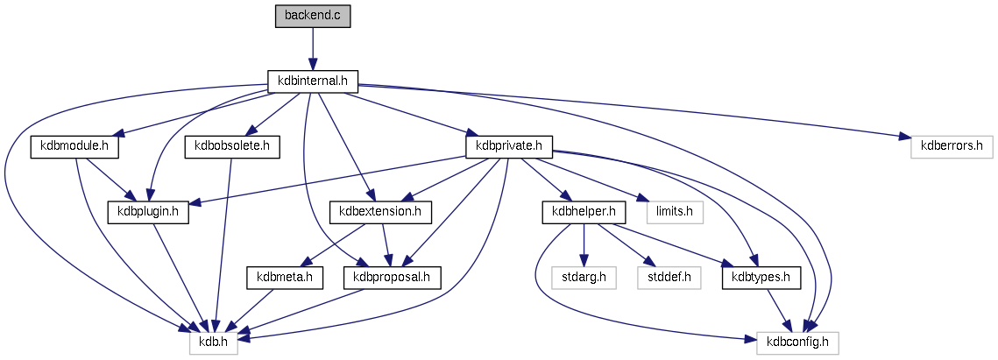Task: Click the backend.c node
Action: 312,17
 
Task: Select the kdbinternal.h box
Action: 313,81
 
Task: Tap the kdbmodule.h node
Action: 74,146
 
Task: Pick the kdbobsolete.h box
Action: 231,146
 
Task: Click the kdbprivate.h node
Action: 509,146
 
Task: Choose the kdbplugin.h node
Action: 148,211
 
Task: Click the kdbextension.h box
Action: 375,211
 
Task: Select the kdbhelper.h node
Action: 583,211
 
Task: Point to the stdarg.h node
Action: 584,276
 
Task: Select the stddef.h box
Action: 669,276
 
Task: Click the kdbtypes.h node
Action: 761,276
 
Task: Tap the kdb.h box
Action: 214,341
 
